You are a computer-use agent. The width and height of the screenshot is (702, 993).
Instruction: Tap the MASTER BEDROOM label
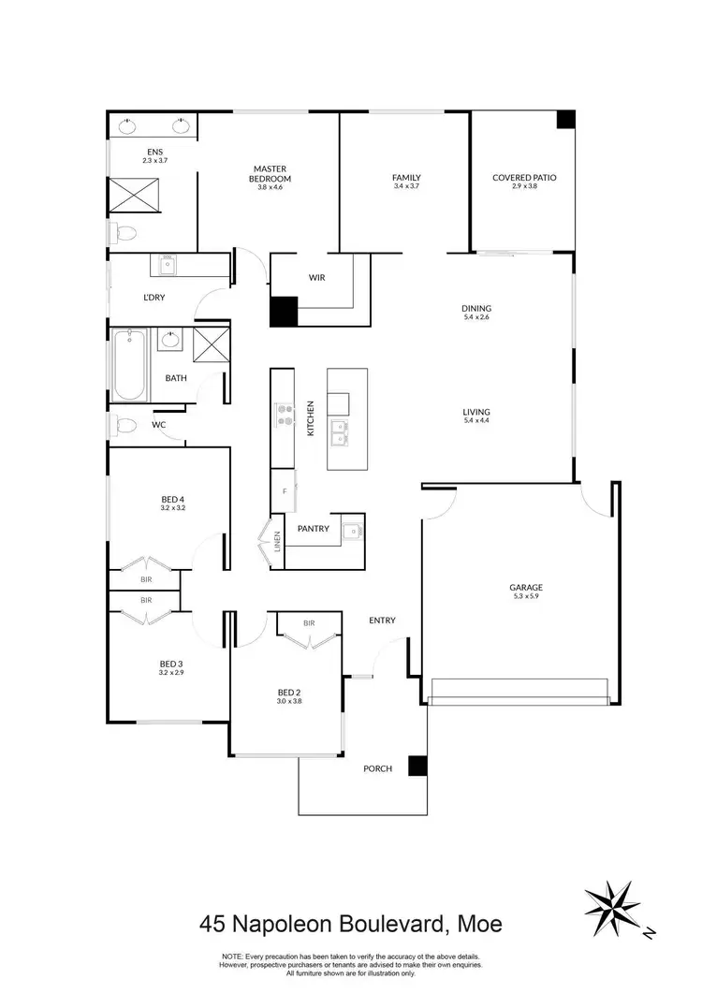tap(270, 173)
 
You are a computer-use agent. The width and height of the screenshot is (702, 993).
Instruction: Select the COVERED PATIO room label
tap(525, 178)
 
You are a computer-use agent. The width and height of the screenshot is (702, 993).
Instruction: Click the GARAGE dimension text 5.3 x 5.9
tap(526, 598)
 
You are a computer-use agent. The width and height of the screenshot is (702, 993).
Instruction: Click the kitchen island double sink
tap(342, 431)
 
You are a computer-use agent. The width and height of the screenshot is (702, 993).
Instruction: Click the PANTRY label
tap(313, 529)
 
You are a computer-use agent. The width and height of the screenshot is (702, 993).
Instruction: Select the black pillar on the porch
tap(418, 765)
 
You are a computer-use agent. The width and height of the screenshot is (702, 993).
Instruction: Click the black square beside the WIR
tap(284, 312)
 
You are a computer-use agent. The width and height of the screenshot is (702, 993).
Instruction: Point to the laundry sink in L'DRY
tap(168, 267)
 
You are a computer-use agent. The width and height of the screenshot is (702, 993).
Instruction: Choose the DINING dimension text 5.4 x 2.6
tap(476, 318)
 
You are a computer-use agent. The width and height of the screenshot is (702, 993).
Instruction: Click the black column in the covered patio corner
tap(564, 120)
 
